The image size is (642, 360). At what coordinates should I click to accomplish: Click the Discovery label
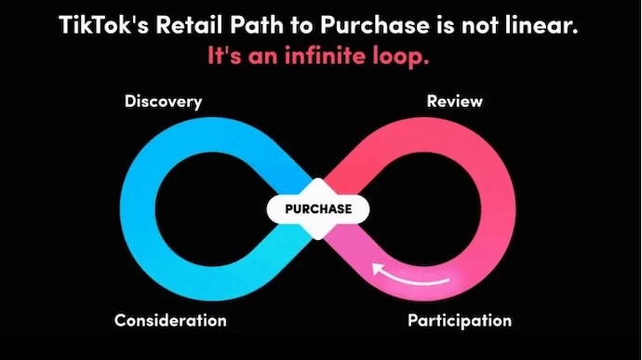tap(163, 101)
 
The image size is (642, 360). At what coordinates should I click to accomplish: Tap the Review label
tap(454, 101)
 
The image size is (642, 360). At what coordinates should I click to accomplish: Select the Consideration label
tap(170, 320)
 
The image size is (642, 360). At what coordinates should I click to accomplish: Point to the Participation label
tap(460, 320)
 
